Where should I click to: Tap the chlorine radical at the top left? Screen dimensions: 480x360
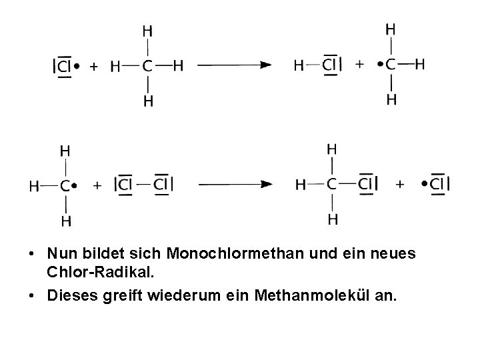pos(65,66)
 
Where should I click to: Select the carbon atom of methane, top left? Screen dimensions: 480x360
pos(147,66)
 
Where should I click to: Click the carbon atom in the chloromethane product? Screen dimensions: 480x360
pos(332,184)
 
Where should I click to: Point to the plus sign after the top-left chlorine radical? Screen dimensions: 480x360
pos(95,66)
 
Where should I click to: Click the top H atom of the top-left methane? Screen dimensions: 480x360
pos(147,31)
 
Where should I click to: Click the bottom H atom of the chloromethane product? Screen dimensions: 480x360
pos(332,219)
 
